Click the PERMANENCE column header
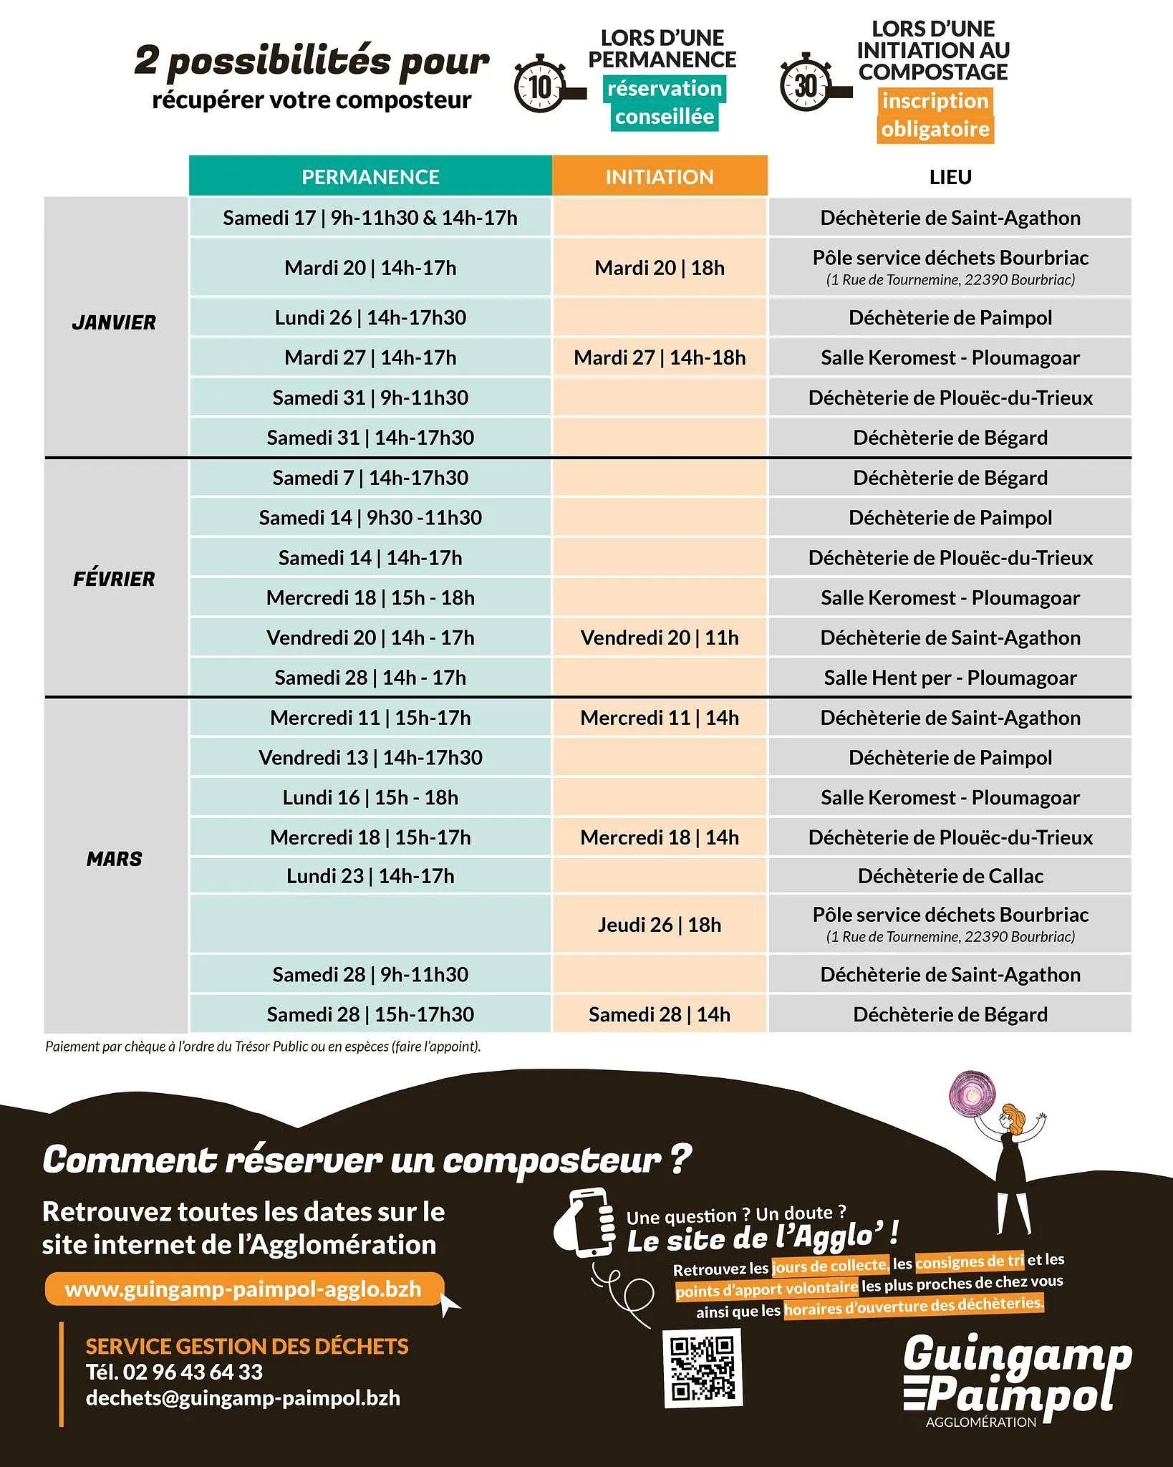370,176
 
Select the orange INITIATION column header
660,176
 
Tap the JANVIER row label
114,323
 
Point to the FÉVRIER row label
114,579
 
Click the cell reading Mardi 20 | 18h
660,268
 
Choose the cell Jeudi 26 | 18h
660,925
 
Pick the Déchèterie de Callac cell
950,876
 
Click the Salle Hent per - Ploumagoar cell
950,678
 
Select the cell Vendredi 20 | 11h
660,638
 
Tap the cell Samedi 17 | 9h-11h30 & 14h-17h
370,218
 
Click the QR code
703,1367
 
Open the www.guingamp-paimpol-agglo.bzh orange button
243,1289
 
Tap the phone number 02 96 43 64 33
193,1372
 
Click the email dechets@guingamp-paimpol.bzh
243,1398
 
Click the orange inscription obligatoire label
935,115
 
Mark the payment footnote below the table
263,1047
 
